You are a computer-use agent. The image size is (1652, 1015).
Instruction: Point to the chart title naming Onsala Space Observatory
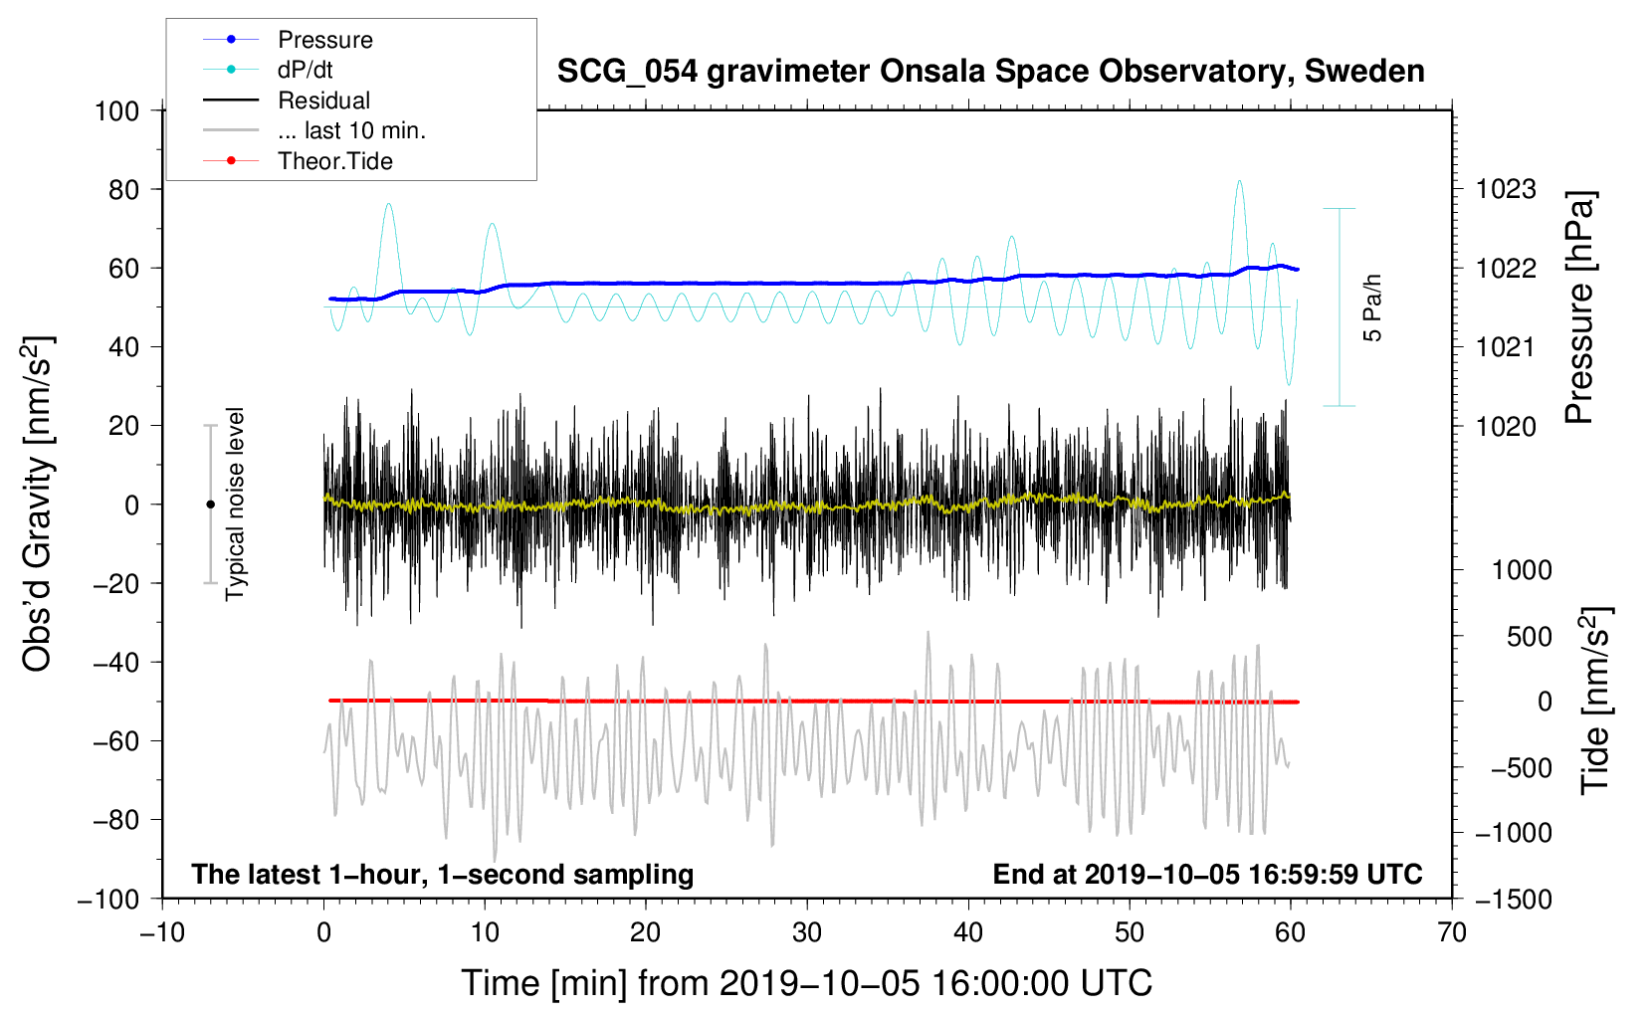point(990,72)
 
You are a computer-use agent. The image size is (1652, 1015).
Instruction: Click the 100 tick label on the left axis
point(117,111)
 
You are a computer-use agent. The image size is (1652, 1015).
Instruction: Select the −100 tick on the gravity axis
point(109,900)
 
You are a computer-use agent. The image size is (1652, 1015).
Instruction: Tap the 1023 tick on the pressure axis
point(1506,190)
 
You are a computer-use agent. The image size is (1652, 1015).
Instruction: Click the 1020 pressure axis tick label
point(1506,426)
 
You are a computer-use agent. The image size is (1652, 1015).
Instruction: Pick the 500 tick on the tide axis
point(1529,637)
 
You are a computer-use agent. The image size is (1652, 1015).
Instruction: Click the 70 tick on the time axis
point(1452,932)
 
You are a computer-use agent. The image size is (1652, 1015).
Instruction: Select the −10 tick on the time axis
point(162,932)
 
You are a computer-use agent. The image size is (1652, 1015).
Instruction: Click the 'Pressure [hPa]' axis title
point(1579,307)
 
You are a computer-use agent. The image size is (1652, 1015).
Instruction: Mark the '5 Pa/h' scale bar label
point(1371,307)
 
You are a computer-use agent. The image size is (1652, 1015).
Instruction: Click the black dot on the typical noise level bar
point(210,505)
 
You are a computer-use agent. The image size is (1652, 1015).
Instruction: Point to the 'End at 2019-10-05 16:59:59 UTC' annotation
point(1207,874)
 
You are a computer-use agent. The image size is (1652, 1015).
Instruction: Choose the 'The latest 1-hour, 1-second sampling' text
point(443,875)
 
